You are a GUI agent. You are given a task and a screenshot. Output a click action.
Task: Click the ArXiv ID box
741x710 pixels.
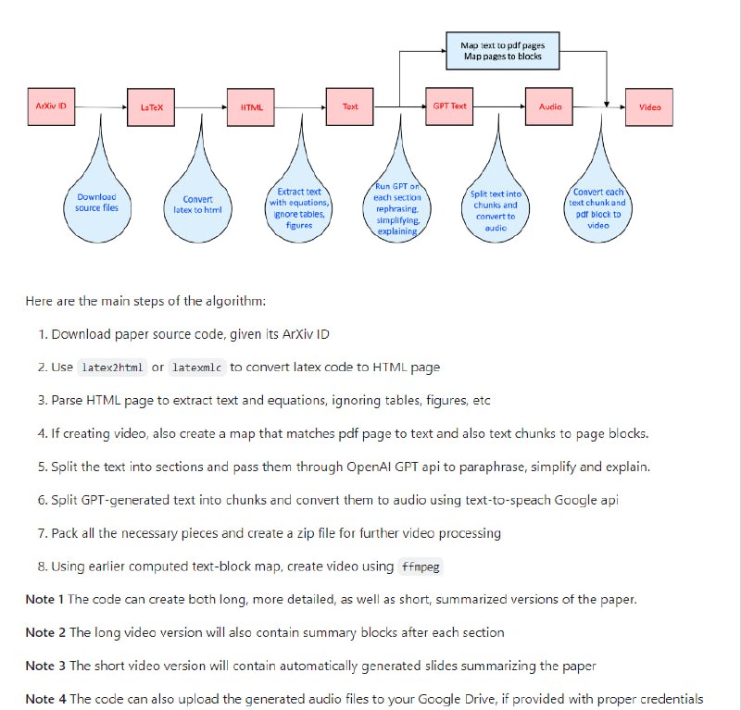click(x=51, y=106)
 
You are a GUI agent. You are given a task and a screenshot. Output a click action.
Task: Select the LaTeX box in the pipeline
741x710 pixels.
click(x=151, y=106)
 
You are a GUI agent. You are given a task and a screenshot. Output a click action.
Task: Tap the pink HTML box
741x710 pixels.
click(x=251, y=106)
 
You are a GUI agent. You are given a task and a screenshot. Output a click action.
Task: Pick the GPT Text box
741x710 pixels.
click(x=450, y=106)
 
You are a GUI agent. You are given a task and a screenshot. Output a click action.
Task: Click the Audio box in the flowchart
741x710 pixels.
click(x=550, y=106)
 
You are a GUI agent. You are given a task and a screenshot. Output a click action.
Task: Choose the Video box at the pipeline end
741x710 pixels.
click(x=650, y=106)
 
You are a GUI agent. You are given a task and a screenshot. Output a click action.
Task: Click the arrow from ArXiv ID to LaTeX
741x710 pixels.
click(x=101, y=106)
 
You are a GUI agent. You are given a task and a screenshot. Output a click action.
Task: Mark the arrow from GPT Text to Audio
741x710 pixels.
click(x=499, y=106)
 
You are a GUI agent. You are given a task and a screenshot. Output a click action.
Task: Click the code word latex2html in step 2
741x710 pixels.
click(x=111, y=367)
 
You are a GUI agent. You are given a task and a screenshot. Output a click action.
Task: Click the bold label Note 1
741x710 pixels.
click(x=44, y=599)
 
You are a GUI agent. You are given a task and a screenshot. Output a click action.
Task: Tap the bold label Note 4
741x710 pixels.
click(x=44, y=699)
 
